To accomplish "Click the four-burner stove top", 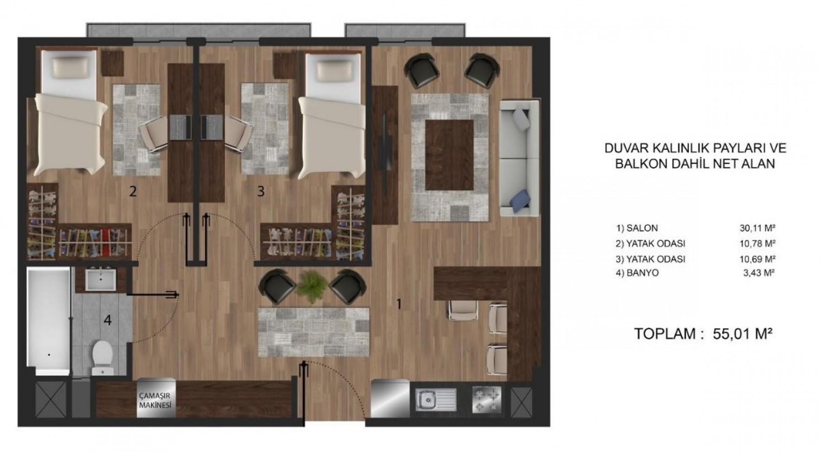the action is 486,400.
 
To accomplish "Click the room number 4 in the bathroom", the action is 107,320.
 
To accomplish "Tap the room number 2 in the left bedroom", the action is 133,192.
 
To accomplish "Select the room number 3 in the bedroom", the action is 261,192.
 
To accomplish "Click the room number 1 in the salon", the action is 399,304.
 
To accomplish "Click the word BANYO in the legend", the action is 643,273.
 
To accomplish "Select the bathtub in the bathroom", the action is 48,321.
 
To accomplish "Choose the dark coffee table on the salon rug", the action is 449,155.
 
